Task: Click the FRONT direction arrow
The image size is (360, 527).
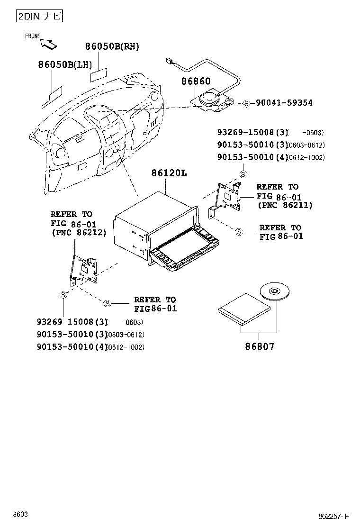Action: pyautogui.click(x=49, y=44)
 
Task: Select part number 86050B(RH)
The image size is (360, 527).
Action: pyautogui.click(x=112, y=46)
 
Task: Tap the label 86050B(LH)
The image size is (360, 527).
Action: pyautogui.click(x=65, y=64)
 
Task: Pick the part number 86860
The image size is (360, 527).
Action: pyautogui.click(x=195, y=82)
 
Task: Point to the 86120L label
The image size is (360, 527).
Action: pyautogui.click(x=169, y=173)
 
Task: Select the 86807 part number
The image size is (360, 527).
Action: pyautogui.click(x=260, y=346)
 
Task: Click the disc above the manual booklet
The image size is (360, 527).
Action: pyautogui.click(x=274, y=290)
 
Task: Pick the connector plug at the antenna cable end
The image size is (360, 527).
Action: pyautogui.click(x=169, y=61)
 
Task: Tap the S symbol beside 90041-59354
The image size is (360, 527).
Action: pyautogui.click(x=246, y=103)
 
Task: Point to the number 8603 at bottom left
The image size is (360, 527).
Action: pyautogui.click(x=20, y=514)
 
